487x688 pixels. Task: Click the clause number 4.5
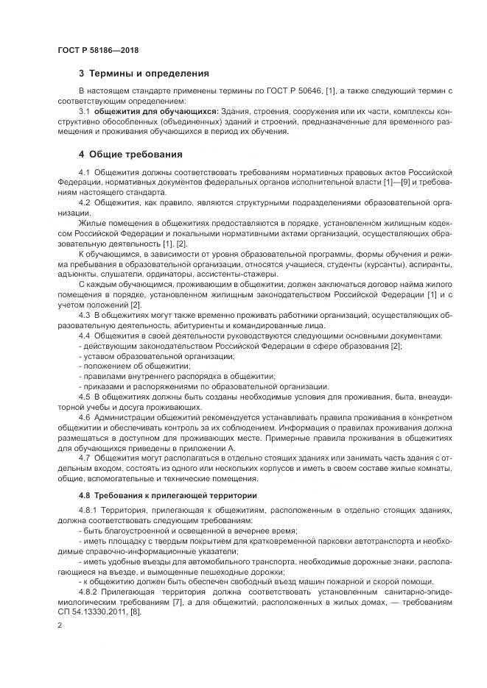[84, 396]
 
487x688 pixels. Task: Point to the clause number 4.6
[84, 416]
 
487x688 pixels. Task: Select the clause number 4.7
[84, 457]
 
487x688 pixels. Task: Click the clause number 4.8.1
[88, 509]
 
